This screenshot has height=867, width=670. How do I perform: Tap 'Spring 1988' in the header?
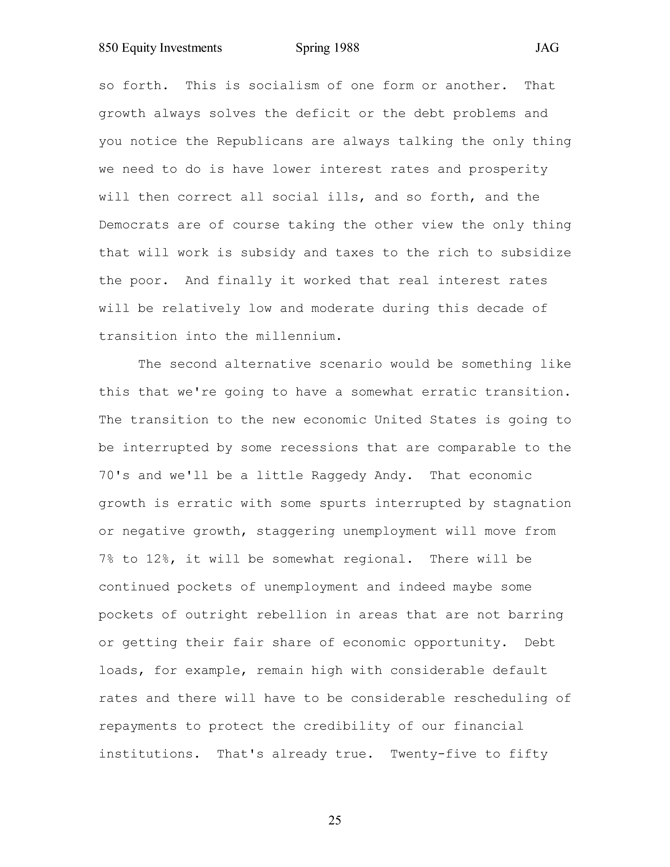[x=328, y=48]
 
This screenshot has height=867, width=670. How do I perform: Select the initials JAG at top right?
[x=547, y=48]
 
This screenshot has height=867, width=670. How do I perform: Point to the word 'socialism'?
[x=284, y=86]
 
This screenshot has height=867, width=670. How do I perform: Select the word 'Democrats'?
[x=134, y=225]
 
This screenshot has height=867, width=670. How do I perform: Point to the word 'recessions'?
[x=319, y=448]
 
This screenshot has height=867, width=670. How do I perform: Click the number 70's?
[x=114, y=476]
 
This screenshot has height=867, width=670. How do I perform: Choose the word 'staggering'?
[x=295, y=531]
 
